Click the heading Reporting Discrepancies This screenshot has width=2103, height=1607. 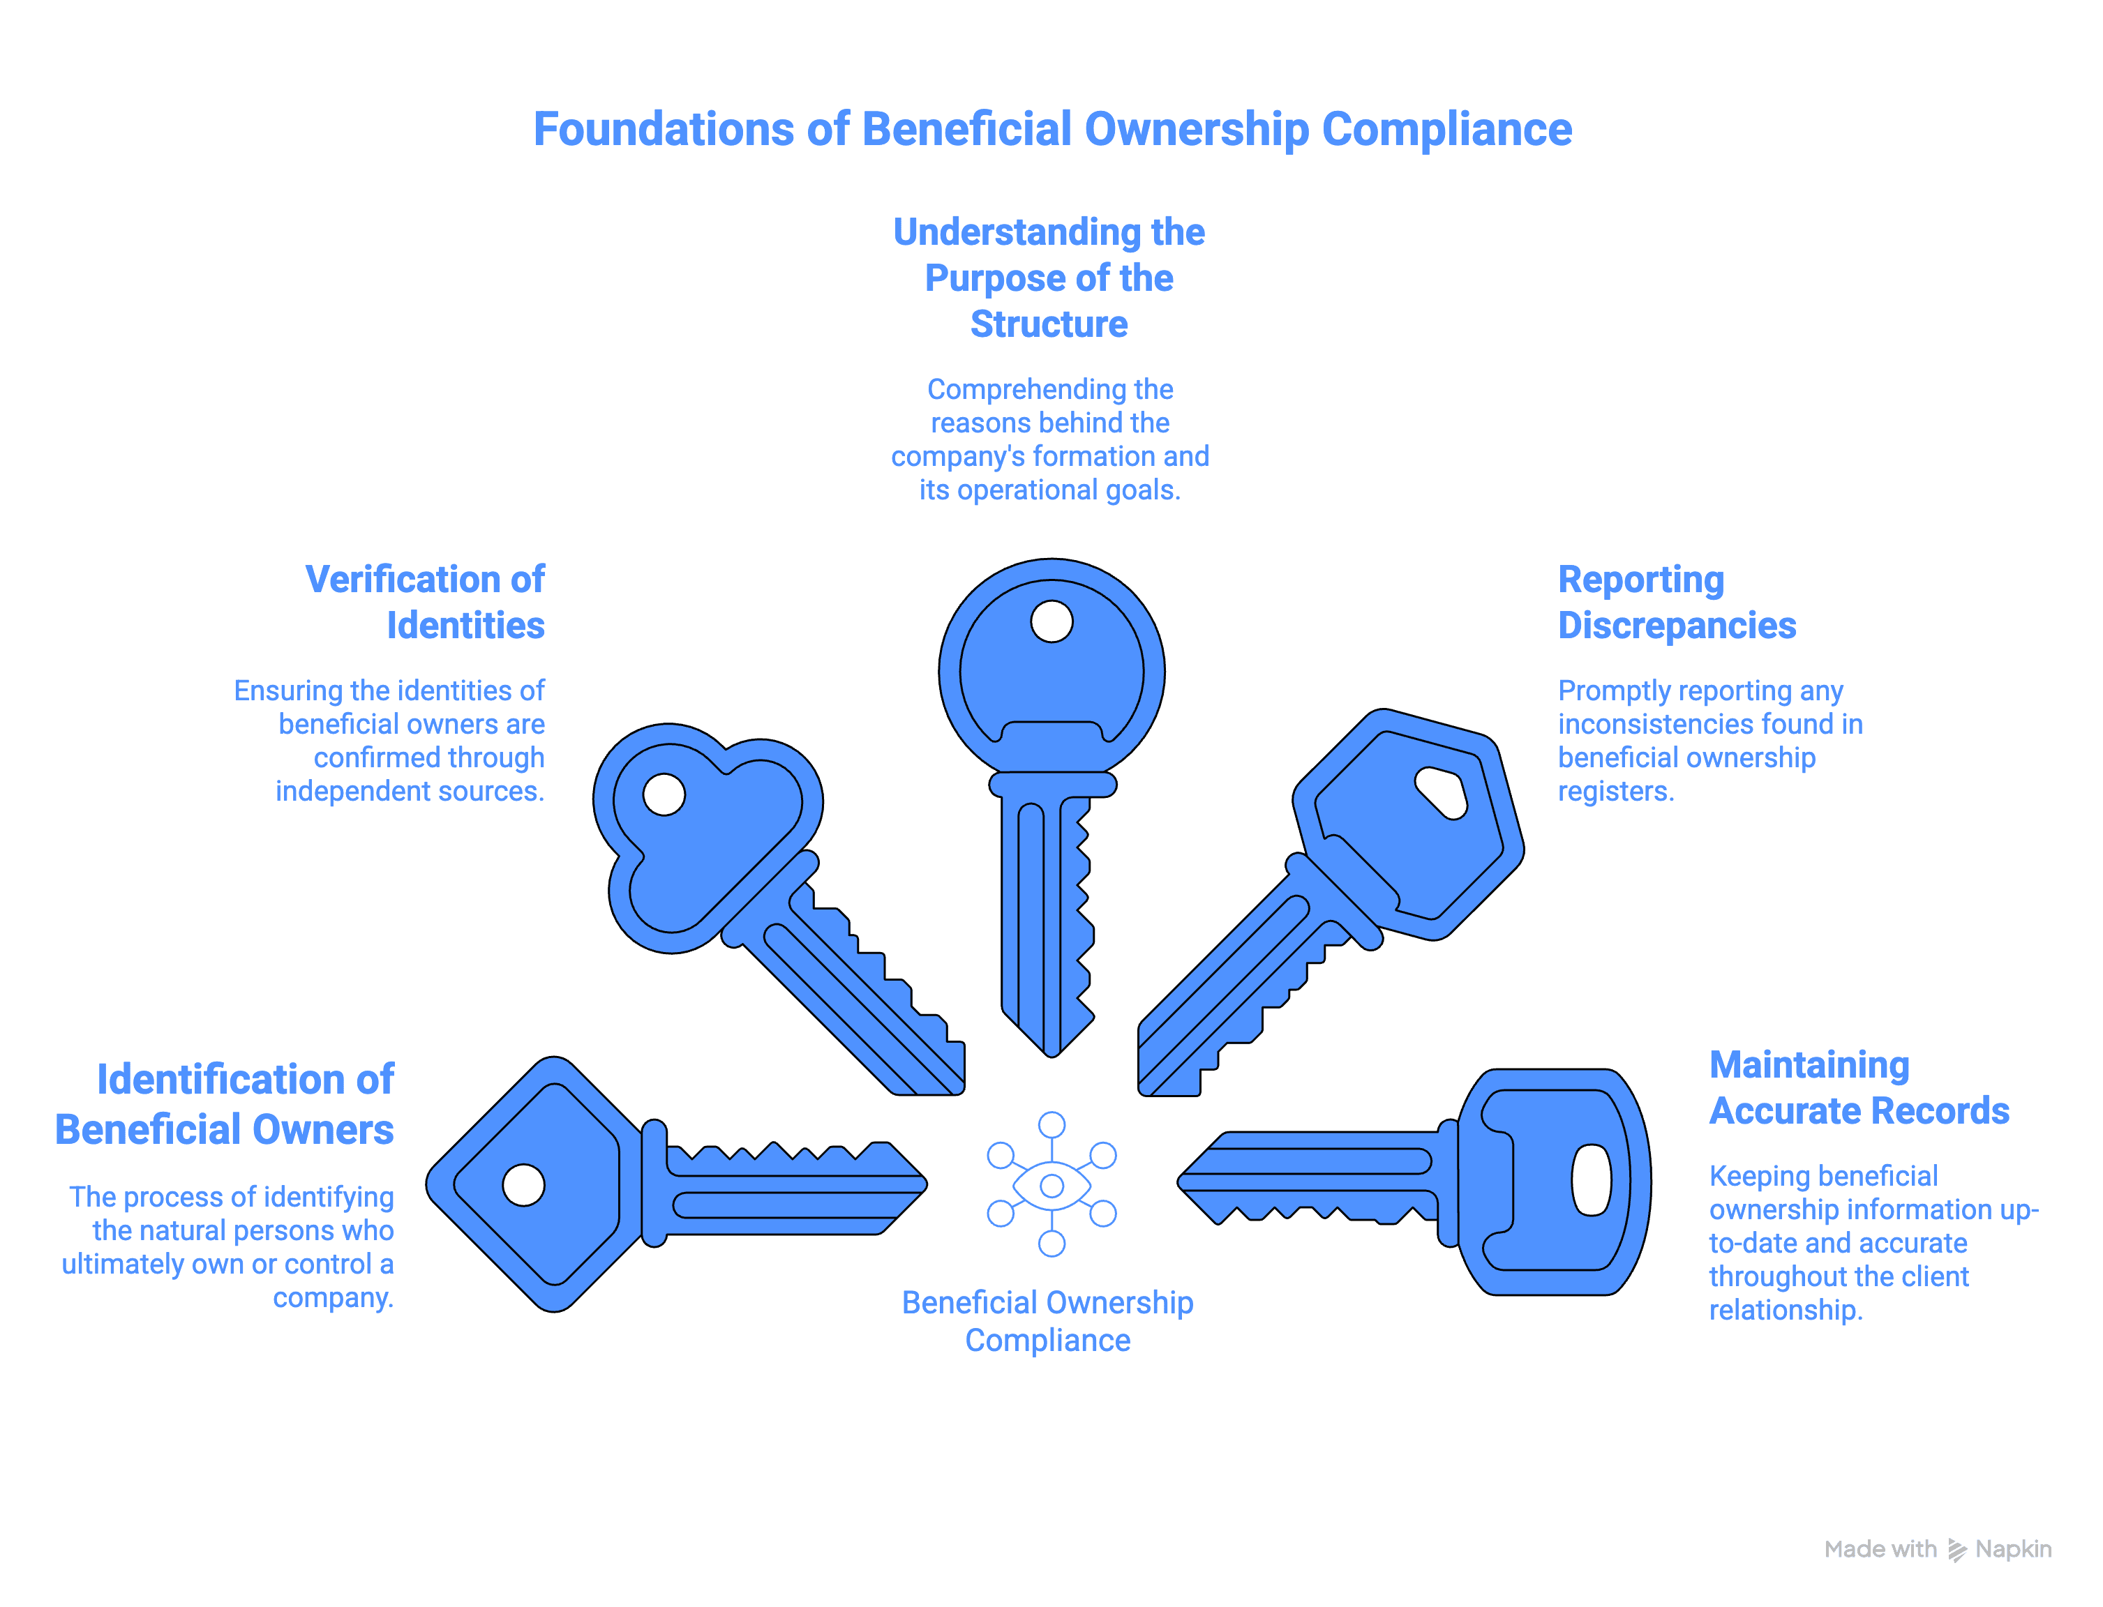1675,602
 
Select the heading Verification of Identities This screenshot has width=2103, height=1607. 425,602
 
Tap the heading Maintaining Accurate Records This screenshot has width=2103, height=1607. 1857,1087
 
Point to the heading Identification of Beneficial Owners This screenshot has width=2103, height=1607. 225,1104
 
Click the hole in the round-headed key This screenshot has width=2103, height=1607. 1051,621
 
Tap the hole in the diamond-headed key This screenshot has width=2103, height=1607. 523,1185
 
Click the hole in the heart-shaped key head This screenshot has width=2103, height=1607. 664,794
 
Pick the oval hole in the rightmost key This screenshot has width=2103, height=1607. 1591,1179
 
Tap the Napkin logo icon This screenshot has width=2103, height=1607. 1956,1551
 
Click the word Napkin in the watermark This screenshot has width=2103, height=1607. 2013,1548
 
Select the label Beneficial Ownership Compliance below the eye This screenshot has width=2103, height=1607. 1048,1321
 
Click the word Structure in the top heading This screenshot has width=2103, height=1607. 1049,324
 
